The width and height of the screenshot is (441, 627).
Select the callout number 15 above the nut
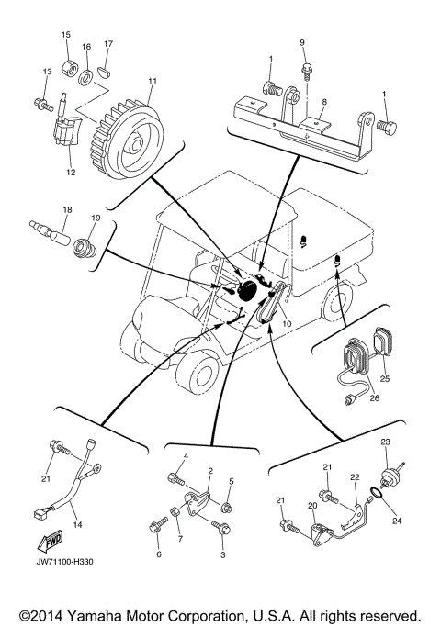65,35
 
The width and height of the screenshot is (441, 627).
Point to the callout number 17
107,43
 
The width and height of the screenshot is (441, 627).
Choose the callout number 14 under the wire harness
77,524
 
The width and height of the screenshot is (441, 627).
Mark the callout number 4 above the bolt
185,456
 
